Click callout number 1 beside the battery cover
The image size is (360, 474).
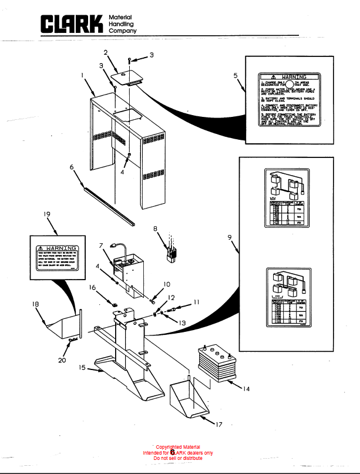click(83, 75)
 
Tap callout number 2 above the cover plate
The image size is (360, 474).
click(106, 52)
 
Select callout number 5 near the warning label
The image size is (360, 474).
click(235, 76)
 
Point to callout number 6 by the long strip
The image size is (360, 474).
click(72, 167)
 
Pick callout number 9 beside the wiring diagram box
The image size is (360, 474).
click(230, 237)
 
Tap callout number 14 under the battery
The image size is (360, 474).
click(245, 389)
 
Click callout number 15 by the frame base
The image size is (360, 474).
click(83, 367)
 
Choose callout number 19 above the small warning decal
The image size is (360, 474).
click(46, 215)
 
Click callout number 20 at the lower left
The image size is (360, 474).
click(62, 360)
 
